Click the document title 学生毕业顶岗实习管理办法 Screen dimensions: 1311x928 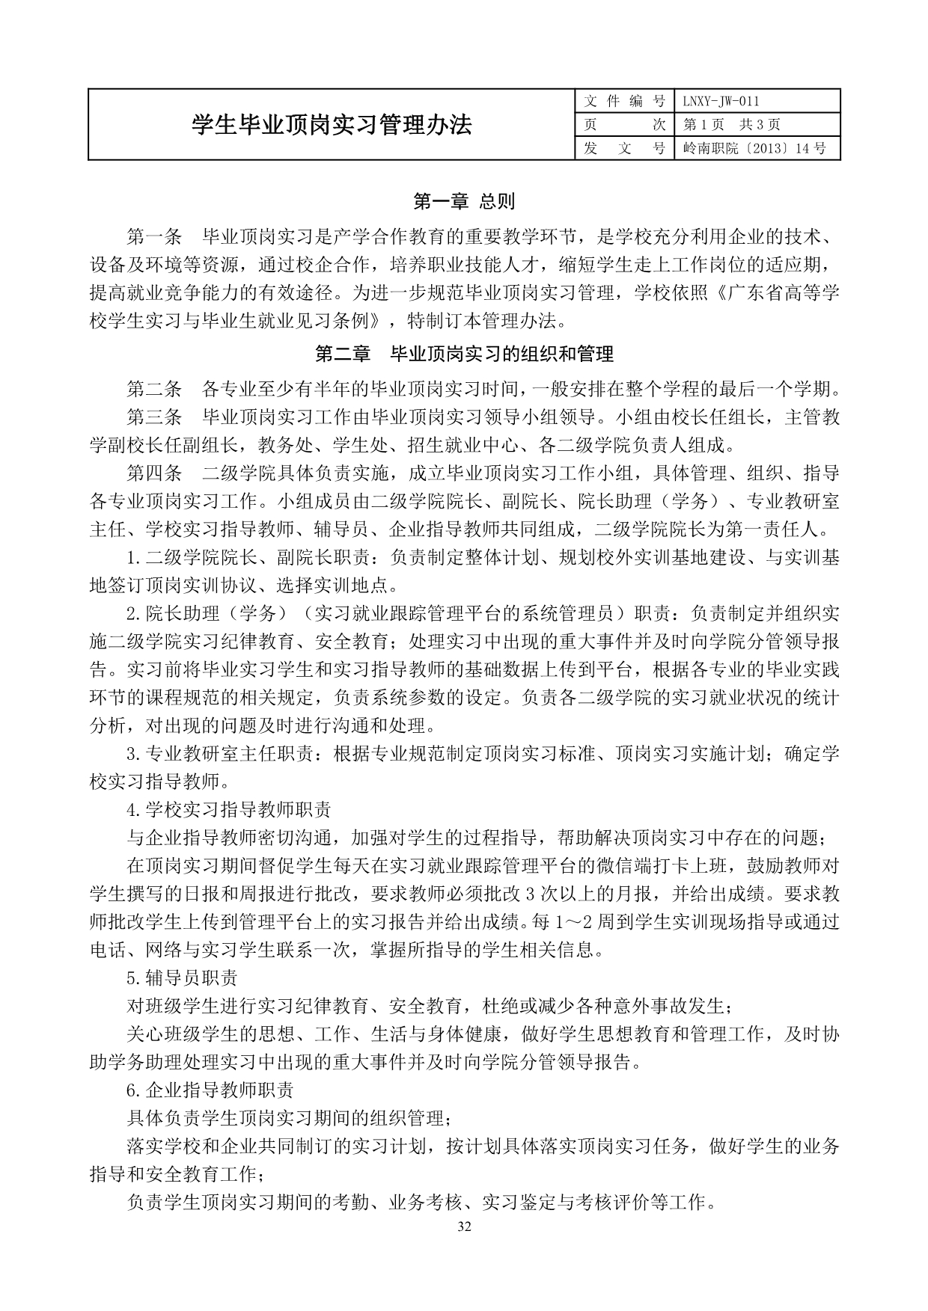pos(332,125)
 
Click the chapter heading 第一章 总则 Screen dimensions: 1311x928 pos(464,201)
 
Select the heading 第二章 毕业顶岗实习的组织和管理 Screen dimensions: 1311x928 pos(464,353)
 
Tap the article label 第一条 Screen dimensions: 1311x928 pos(154,237)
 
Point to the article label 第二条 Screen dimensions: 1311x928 pos(154,389)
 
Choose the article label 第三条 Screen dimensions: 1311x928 pos(154,417)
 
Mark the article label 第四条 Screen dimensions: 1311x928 pos(154,473)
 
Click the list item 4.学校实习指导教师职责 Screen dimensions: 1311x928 pos(229,810)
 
